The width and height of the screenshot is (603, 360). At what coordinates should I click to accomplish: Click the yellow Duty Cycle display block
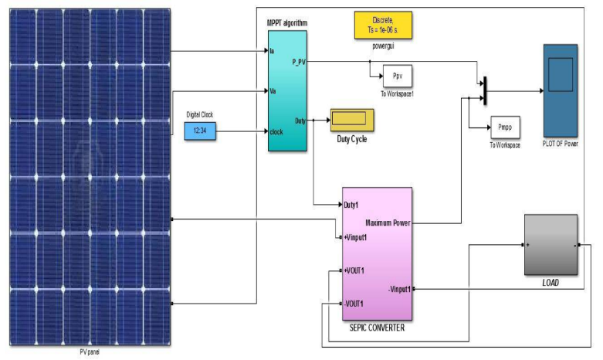352,121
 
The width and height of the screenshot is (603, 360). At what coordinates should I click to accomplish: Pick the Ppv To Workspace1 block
398,76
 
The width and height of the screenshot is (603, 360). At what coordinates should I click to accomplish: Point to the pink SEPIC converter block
378,255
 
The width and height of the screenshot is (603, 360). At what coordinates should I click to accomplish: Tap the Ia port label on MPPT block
273,52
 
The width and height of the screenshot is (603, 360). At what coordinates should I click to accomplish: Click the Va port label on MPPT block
273,91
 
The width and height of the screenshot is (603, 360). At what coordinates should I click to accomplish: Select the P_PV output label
301,61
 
